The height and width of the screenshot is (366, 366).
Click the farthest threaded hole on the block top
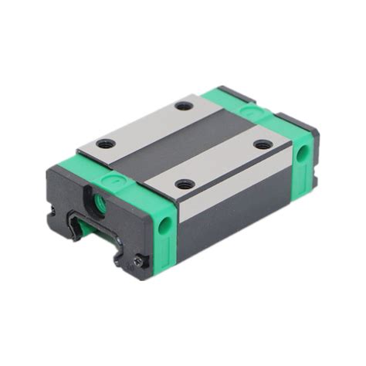183,105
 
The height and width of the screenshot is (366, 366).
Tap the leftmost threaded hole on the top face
107,143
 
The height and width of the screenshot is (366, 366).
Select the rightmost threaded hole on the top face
263,144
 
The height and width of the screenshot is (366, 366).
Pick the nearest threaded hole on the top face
184,184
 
